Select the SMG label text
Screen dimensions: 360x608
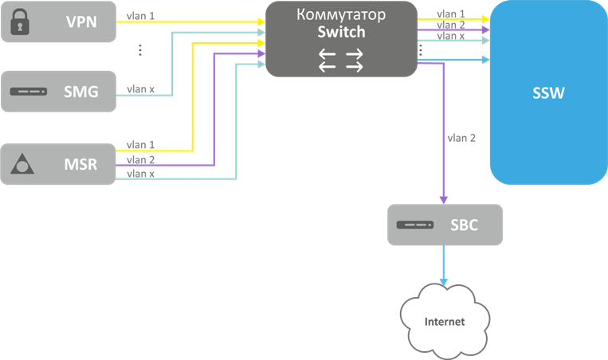(80, 92)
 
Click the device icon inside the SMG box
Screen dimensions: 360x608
(29, 92)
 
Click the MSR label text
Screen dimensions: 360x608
(80, 165)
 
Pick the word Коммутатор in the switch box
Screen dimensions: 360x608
(341, 14)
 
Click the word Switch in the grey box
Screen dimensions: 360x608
(341, 33)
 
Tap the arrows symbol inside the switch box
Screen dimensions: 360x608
(341, 60)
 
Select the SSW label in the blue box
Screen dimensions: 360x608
(548, 93)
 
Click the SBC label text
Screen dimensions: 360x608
(464, 225)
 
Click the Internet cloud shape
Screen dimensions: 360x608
(444, 321)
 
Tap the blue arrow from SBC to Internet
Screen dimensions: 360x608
(444, 267)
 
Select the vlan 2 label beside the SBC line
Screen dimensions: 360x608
(462, 138)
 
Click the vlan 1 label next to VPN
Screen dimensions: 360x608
(141, 15)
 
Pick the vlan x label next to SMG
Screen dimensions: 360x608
(141, 89)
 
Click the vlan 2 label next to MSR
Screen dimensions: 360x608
(141, 159)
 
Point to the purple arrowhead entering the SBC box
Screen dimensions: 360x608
(444, 199)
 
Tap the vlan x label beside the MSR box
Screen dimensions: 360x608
(141, 173)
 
